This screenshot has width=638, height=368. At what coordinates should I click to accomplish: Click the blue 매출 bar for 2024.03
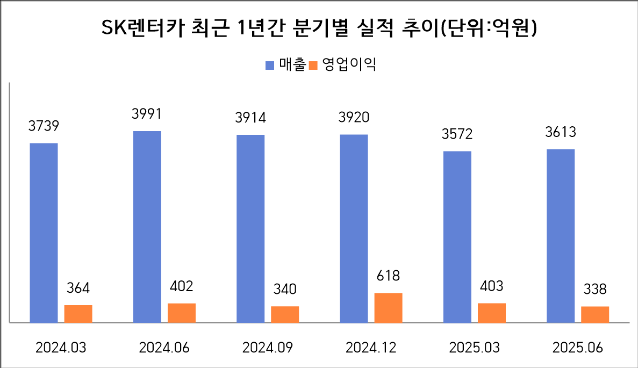(x=44, y=233)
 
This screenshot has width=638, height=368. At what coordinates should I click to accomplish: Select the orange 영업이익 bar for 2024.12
(x=388, y=308)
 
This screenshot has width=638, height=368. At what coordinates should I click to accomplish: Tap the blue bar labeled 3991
(x=147, y=227)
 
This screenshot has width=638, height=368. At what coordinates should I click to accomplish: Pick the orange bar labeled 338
(x=595, y=314)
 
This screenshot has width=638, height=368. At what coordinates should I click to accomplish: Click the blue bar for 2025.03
(x=457, y=236)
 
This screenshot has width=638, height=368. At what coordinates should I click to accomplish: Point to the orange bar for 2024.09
(x=285, y=314)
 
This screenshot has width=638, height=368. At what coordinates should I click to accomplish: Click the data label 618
(x=388, y=276)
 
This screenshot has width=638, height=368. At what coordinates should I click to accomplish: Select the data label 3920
(x=354, y=117)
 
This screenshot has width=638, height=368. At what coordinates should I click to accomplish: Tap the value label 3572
(x=457, y=134)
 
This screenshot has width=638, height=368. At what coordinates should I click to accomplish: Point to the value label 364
(x=78, y=288)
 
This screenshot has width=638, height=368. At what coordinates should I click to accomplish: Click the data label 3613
(x=561, y=132)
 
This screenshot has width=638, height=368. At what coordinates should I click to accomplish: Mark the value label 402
(x=182, y=286)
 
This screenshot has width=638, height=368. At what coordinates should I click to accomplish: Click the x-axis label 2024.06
(x=164, y=348)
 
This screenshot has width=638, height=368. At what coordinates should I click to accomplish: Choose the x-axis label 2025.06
(x=578, y=348)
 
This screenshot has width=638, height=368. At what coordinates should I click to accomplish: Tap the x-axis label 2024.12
(x=371, y=348)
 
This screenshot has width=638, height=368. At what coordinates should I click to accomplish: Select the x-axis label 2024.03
(x=61, y=348)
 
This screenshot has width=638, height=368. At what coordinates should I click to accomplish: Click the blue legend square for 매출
(x=270, y=66)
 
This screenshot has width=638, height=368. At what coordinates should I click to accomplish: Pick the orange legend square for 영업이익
(x=314, y=66)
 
